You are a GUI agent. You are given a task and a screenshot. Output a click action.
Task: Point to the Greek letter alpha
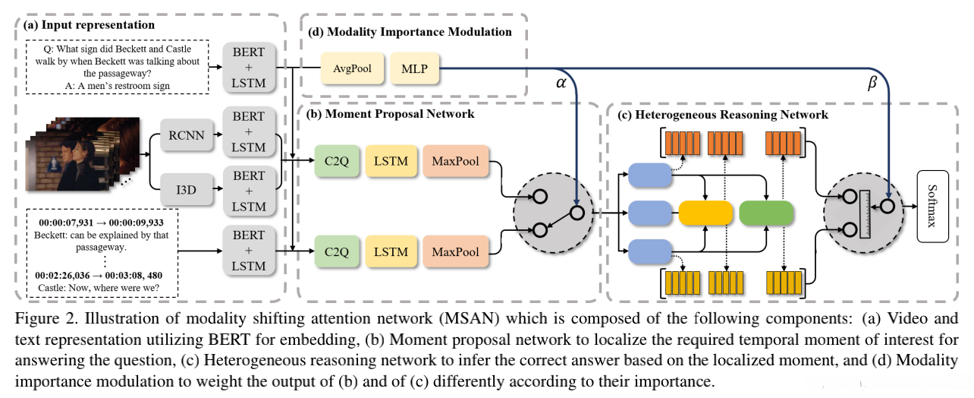(x=561, y=85)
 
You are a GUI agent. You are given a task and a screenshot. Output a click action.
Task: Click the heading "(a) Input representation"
(x=90, y=25)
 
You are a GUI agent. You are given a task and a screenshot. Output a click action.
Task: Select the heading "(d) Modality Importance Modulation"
(x=410, y=32)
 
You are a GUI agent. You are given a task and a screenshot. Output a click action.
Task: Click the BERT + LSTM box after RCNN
(x=250, y=132)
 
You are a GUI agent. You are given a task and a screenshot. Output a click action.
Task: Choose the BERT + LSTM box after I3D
(x=250, y=191)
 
